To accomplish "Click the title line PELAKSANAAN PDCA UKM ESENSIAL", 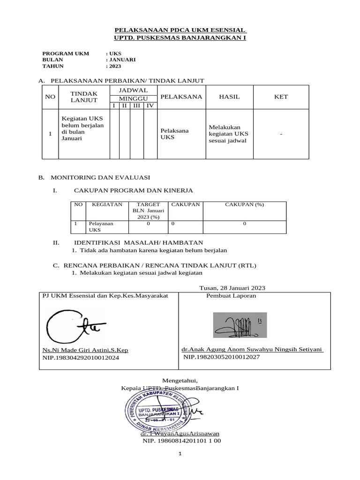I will [x=180, y=30].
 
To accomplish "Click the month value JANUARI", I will [x=122, y=60].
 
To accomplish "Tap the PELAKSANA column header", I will [x=181, y=97].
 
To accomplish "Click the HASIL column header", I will [x=229, y=97].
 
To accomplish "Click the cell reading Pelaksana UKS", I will [x=174, y=134].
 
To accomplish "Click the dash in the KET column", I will [x=281, y=134].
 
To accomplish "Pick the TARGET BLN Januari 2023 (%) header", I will [x=148, y=210].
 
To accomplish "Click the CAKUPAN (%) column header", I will [x=244, y=204].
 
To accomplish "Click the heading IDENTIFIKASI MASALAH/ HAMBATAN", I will [x=138, y=242].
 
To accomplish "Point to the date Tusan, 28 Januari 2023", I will [x=232, y=288].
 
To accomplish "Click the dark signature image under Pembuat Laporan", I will [x=240, y=325].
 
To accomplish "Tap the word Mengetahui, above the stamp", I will [x=180, y=380].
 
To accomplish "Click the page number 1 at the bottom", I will [x=180, y=454].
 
